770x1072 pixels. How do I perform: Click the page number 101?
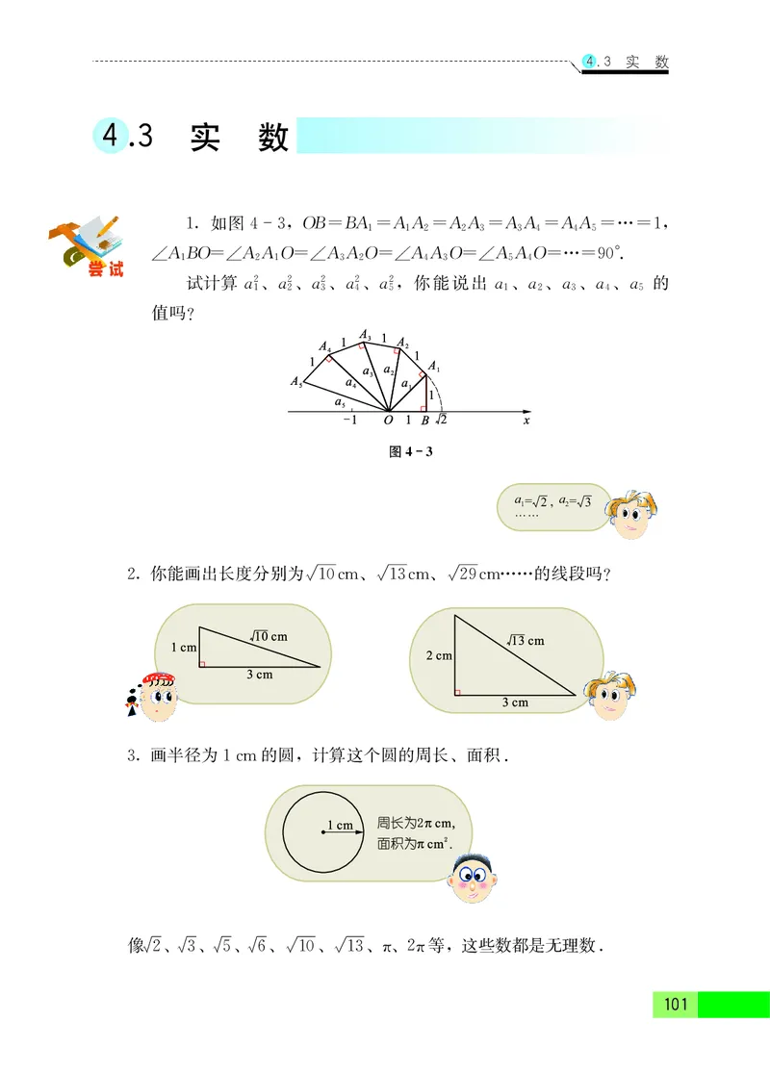(675, 1005)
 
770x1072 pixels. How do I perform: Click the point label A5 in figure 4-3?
(296, 381)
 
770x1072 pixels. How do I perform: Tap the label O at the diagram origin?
(388, 421)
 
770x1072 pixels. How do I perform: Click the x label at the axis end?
(526, 421)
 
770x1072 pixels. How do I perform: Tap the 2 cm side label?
(438, 656)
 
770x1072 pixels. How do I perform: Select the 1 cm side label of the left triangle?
(183, 648)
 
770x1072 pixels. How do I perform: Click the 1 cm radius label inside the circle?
(340, 825)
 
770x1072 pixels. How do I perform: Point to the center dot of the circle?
(321, 832)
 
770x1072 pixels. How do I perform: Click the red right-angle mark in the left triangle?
(201, 663)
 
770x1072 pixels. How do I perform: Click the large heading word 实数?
(240, 138)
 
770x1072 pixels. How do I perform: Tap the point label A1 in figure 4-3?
(433, 366)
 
